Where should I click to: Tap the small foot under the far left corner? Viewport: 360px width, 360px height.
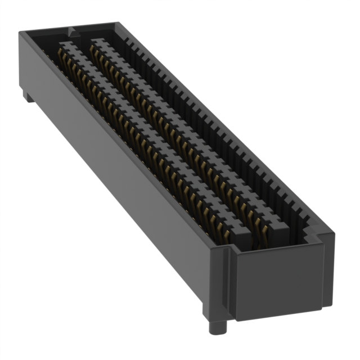coord(29,97)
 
